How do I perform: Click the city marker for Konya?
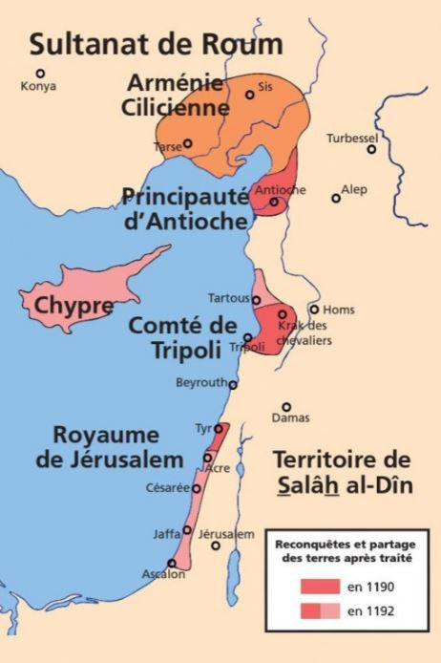[40, 73]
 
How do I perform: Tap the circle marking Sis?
[250, 94]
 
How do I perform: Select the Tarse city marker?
[188, 143]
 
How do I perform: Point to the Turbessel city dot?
[372, 148]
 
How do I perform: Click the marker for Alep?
[335, 198]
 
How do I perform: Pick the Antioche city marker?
[274, 202]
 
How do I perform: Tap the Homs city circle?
[314, 309]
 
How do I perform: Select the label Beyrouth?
[200, 383]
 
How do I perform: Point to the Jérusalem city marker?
[217, 545]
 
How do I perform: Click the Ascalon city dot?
[172, 563]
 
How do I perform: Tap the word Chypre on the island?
[73, 308]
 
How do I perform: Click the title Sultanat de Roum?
[156, 43]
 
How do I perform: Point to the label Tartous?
[229, 298]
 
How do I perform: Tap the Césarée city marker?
[197, 488]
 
